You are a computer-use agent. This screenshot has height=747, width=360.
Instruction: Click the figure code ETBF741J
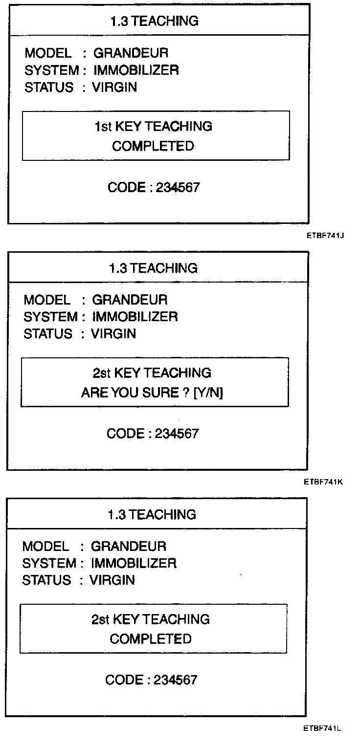326,235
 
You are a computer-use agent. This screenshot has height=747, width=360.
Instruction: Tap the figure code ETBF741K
323,482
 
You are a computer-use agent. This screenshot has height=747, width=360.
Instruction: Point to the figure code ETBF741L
322,728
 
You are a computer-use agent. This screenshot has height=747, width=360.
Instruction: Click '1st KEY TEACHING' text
153,126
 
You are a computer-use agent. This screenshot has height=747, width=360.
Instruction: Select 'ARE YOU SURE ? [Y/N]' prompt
152,393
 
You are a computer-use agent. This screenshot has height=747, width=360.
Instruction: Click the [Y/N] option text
208,393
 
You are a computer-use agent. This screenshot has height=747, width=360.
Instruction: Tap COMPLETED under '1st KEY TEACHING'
153,146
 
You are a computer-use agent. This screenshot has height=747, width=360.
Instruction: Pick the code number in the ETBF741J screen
178,188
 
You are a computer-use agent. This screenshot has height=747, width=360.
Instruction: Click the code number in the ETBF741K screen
177,434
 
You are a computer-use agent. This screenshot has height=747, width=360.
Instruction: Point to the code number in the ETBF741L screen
175,680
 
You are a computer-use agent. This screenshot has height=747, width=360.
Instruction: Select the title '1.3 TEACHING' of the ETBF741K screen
153,268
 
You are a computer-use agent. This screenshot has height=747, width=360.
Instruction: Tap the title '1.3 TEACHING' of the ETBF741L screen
152,514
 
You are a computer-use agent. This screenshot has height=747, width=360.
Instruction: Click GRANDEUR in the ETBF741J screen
131,53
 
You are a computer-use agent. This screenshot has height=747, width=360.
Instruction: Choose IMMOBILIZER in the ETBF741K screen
135,317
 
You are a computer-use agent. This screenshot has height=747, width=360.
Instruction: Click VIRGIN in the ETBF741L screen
112,580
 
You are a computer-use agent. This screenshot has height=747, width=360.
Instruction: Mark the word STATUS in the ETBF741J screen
49,88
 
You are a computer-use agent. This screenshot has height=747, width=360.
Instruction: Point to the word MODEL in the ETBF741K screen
47,299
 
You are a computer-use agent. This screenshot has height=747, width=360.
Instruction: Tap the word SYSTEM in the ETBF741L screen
49,563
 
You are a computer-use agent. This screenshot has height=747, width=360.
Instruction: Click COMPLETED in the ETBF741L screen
151,639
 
